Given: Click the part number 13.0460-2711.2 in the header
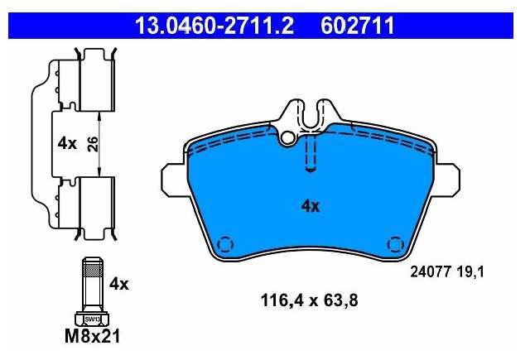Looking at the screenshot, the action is point(214,26).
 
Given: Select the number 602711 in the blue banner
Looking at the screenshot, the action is point(357,26).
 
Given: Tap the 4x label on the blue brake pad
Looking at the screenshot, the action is point(311,205).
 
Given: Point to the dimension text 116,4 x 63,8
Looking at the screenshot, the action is point(309,300).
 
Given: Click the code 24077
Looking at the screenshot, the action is point(431,271).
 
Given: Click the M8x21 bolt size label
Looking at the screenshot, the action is point(92,336).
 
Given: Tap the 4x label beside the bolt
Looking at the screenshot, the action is point(118,285).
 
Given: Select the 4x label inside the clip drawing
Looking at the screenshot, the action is point(67,144).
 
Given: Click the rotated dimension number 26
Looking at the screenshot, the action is point(92,144).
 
